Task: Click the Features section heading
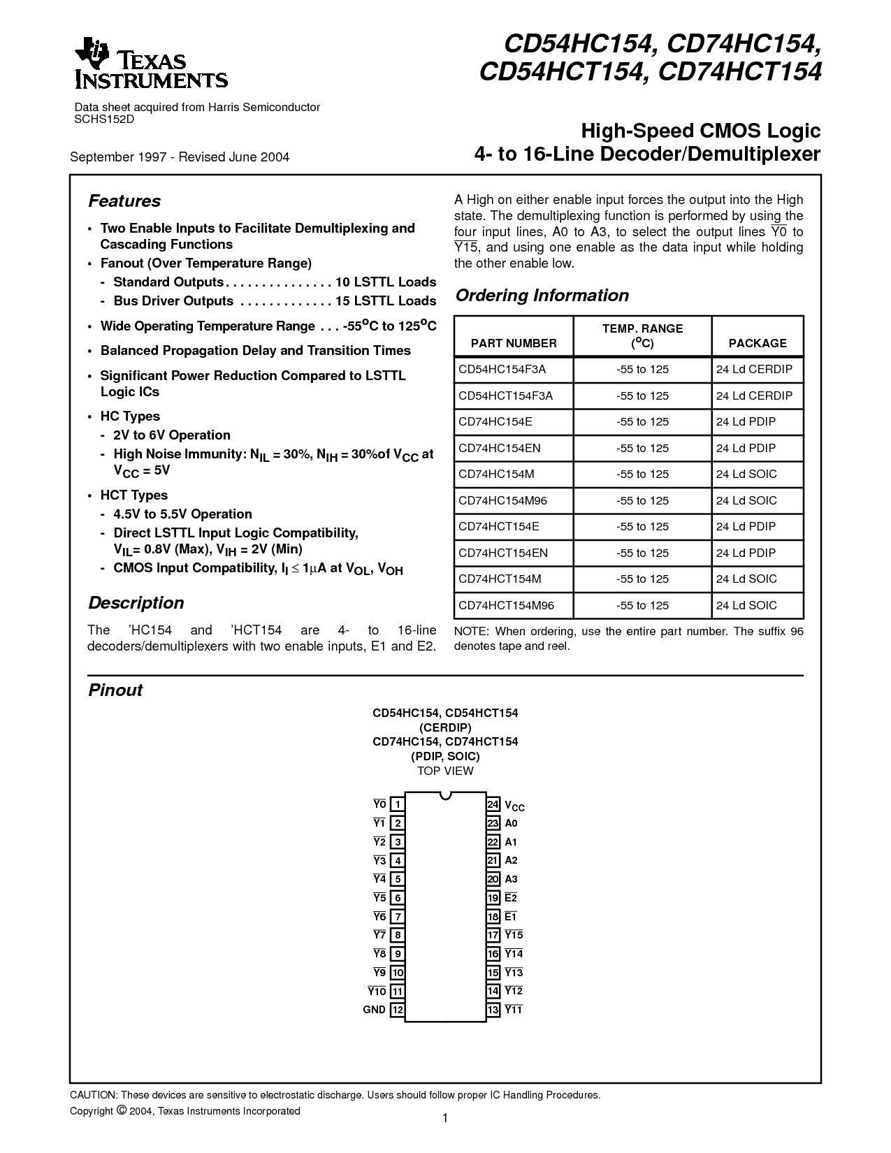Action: (124, 201)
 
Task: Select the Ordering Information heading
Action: (542, 296)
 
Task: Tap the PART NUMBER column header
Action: (514, 343)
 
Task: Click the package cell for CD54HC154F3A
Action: (754, 369)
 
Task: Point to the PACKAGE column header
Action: (758, 343)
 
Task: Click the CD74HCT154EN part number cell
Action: (503, 553)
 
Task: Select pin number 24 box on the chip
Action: (493, 805)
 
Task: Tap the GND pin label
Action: (374, 1010)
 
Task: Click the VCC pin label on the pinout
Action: (514, 806)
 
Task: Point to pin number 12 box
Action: (397, 1010)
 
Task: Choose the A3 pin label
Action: (512, 879)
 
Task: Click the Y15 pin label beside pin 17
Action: (514, 935)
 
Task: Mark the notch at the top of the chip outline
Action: (445, 795)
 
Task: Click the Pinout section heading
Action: (115, 690)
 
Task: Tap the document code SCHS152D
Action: (104, 119)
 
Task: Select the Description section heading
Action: (136, 603)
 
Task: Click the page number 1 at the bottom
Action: (445, 1119)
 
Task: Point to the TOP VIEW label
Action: (445, 771)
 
